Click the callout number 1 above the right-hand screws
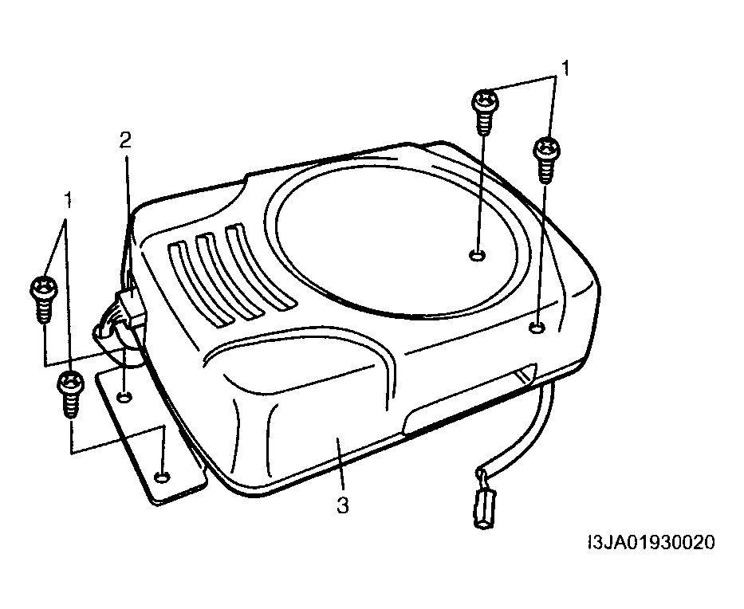coord(565,68)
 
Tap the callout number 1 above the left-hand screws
coord(69,200)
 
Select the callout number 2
coord(125,140)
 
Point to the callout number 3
coord(343,505)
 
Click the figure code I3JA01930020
coord(651,542)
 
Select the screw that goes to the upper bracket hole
coord(44,300)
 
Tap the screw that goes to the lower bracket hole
coord(70,394)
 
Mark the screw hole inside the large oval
coord(477,255)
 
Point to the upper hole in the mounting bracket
coord(124,395)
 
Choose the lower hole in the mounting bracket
coord(162,476)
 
